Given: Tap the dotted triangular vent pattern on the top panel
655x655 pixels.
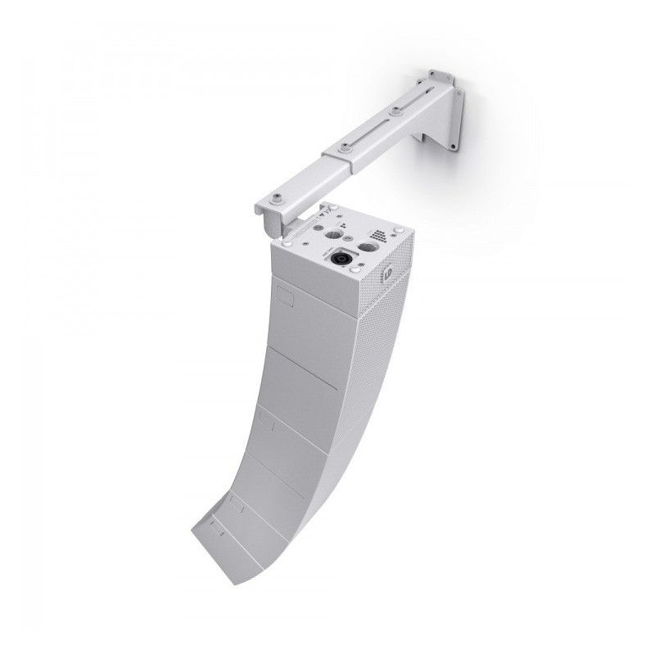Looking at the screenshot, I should point(378,234).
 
